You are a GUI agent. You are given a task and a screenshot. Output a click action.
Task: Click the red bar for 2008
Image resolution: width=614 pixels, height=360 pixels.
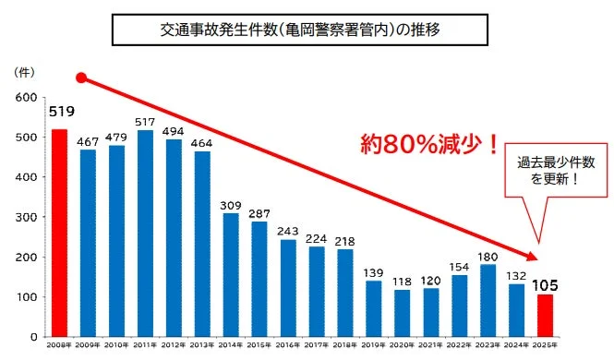(x=59, y=233)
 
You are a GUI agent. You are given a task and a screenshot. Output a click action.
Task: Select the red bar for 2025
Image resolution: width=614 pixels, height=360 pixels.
(x=546, y=316)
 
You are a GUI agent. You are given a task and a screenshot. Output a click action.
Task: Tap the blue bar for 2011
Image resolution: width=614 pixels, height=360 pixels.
(x=145, y=234)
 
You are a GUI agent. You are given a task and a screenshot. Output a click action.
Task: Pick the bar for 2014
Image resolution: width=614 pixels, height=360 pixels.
(x=231, y=275)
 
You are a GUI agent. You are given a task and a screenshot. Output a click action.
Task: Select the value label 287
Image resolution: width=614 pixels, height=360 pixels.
(x=259, y=212)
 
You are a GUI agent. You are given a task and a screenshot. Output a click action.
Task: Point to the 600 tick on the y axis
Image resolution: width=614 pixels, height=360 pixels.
(x=26, y=98)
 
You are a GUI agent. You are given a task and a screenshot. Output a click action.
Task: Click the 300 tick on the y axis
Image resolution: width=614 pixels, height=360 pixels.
(x=26, y=218)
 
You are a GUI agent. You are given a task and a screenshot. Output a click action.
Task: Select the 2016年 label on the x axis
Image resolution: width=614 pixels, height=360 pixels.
(x=288, y=344)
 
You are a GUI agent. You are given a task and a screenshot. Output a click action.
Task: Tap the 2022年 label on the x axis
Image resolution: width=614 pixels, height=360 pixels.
(x=460, y=344)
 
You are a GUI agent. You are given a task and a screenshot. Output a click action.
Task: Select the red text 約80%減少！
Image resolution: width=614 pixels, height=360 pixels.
(x=429, y=145)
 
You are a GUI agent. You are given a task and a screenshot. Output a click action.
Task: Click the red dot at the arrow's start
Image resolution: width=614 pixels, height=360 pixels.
(x=81, y=78)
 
